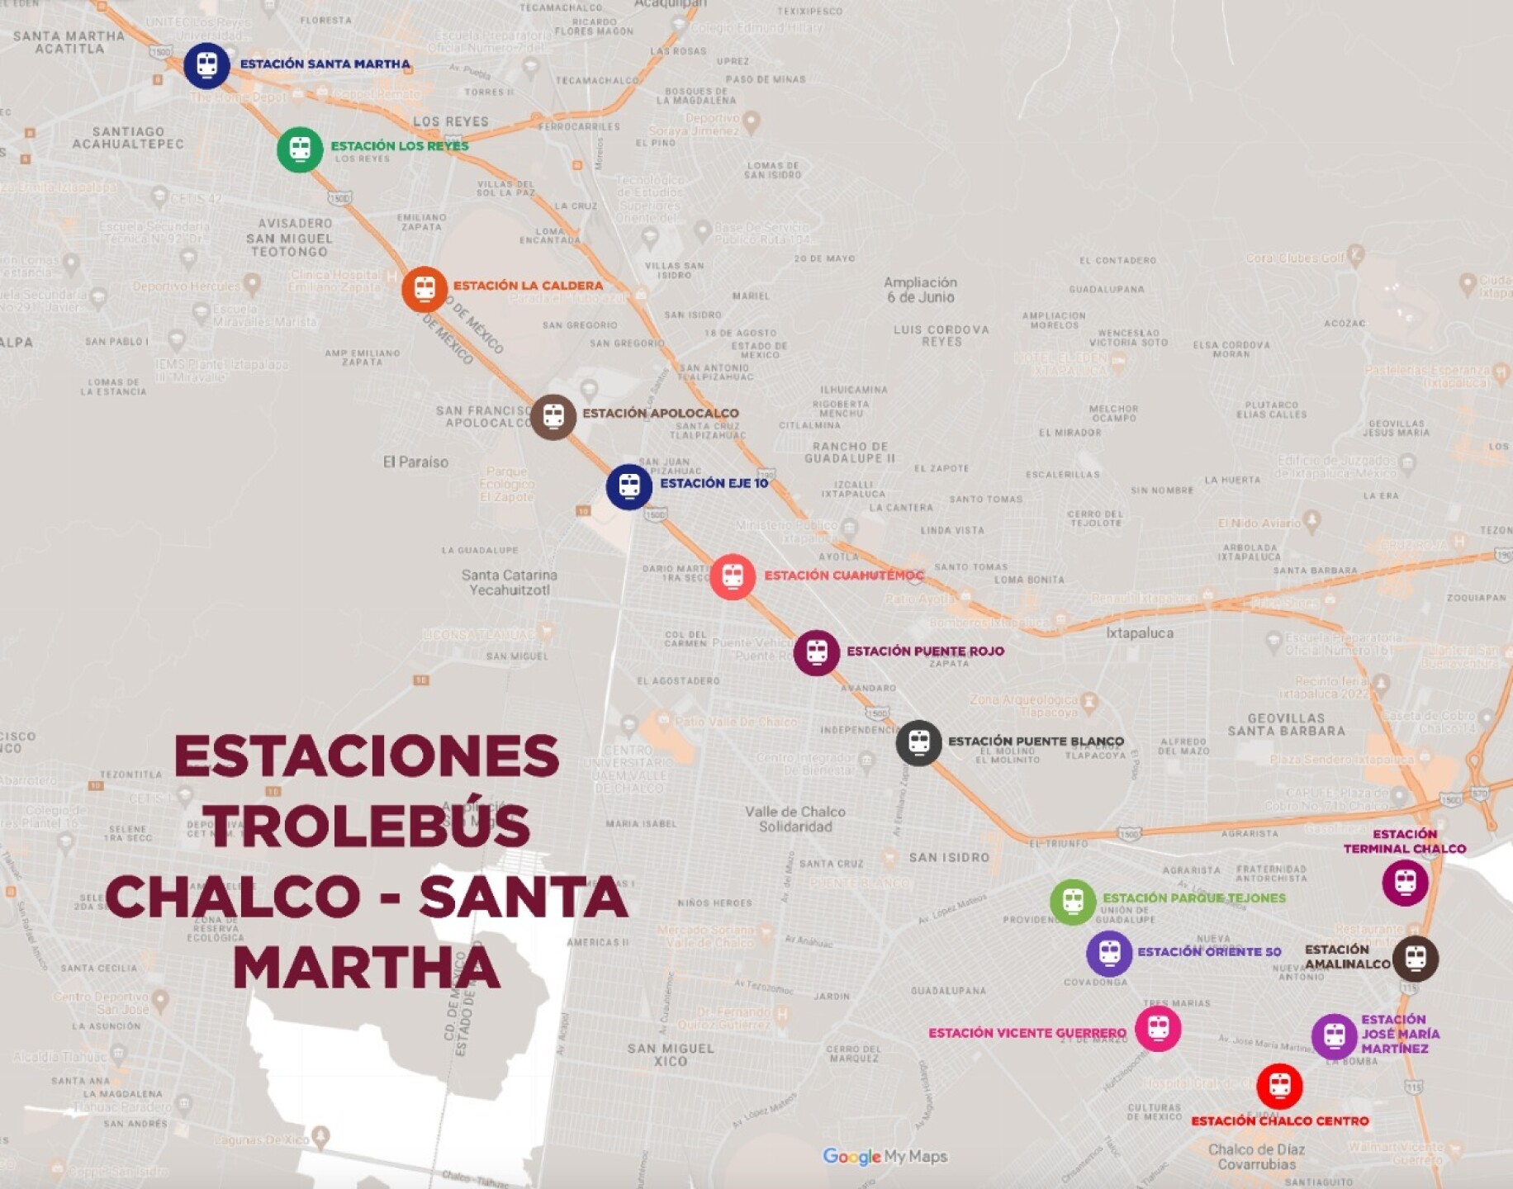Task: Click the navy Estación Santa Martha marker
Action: [206, 65]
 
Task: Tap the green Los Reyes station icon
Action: [300, 149]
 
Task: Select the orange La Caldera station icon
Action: [424, 289]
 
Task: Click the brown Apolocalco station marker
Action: [553, 417]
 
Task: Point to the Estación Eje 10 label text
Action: [714, 483]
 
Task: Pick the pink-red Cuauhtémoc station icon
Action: [733, 576]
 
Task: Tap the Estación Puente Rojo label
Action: [925, 651]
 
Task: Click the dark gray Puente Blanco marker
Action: [918, 742]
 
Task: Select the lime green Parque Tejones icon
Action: [1073, 901]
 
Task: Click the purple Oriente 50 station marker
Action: [1109, 954]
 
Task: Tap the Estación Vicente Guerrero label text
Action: [1027, 1033]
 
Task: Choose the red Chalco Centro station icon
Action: [1279, 1086]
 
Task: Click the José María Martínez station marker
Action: [1334, 1035]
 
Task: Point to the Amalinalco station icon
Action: [1416, 959]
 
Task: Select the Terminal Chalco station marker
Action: [1405, 883]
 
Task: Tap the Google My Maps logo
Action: [885, 1157]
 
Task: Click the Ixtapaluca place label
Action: [1140, 633]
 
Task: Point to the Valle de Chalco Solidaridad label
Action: [794, 819]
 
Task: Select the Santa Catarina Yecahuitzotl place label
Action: [509, 582]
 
